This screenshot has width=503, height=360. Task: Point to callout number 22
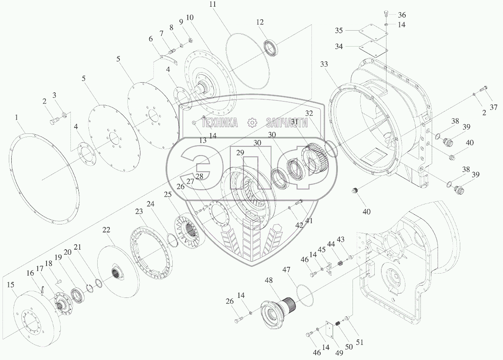coord(106,230)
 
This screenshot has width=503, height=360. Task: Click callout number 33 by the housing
coord(324,64)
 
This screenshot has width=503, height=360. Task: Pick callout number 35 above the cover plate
coord(339,30)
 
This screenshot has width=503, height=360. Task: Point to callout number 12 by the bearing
coord(260,22)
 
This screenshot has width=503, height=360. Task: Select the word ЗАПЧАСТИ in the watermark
coord(287,123)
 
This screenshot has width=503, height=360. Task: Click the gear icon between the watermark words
coord(252,123)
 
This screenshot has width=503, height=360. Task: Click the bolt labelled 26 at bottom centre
coord(239,321)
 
